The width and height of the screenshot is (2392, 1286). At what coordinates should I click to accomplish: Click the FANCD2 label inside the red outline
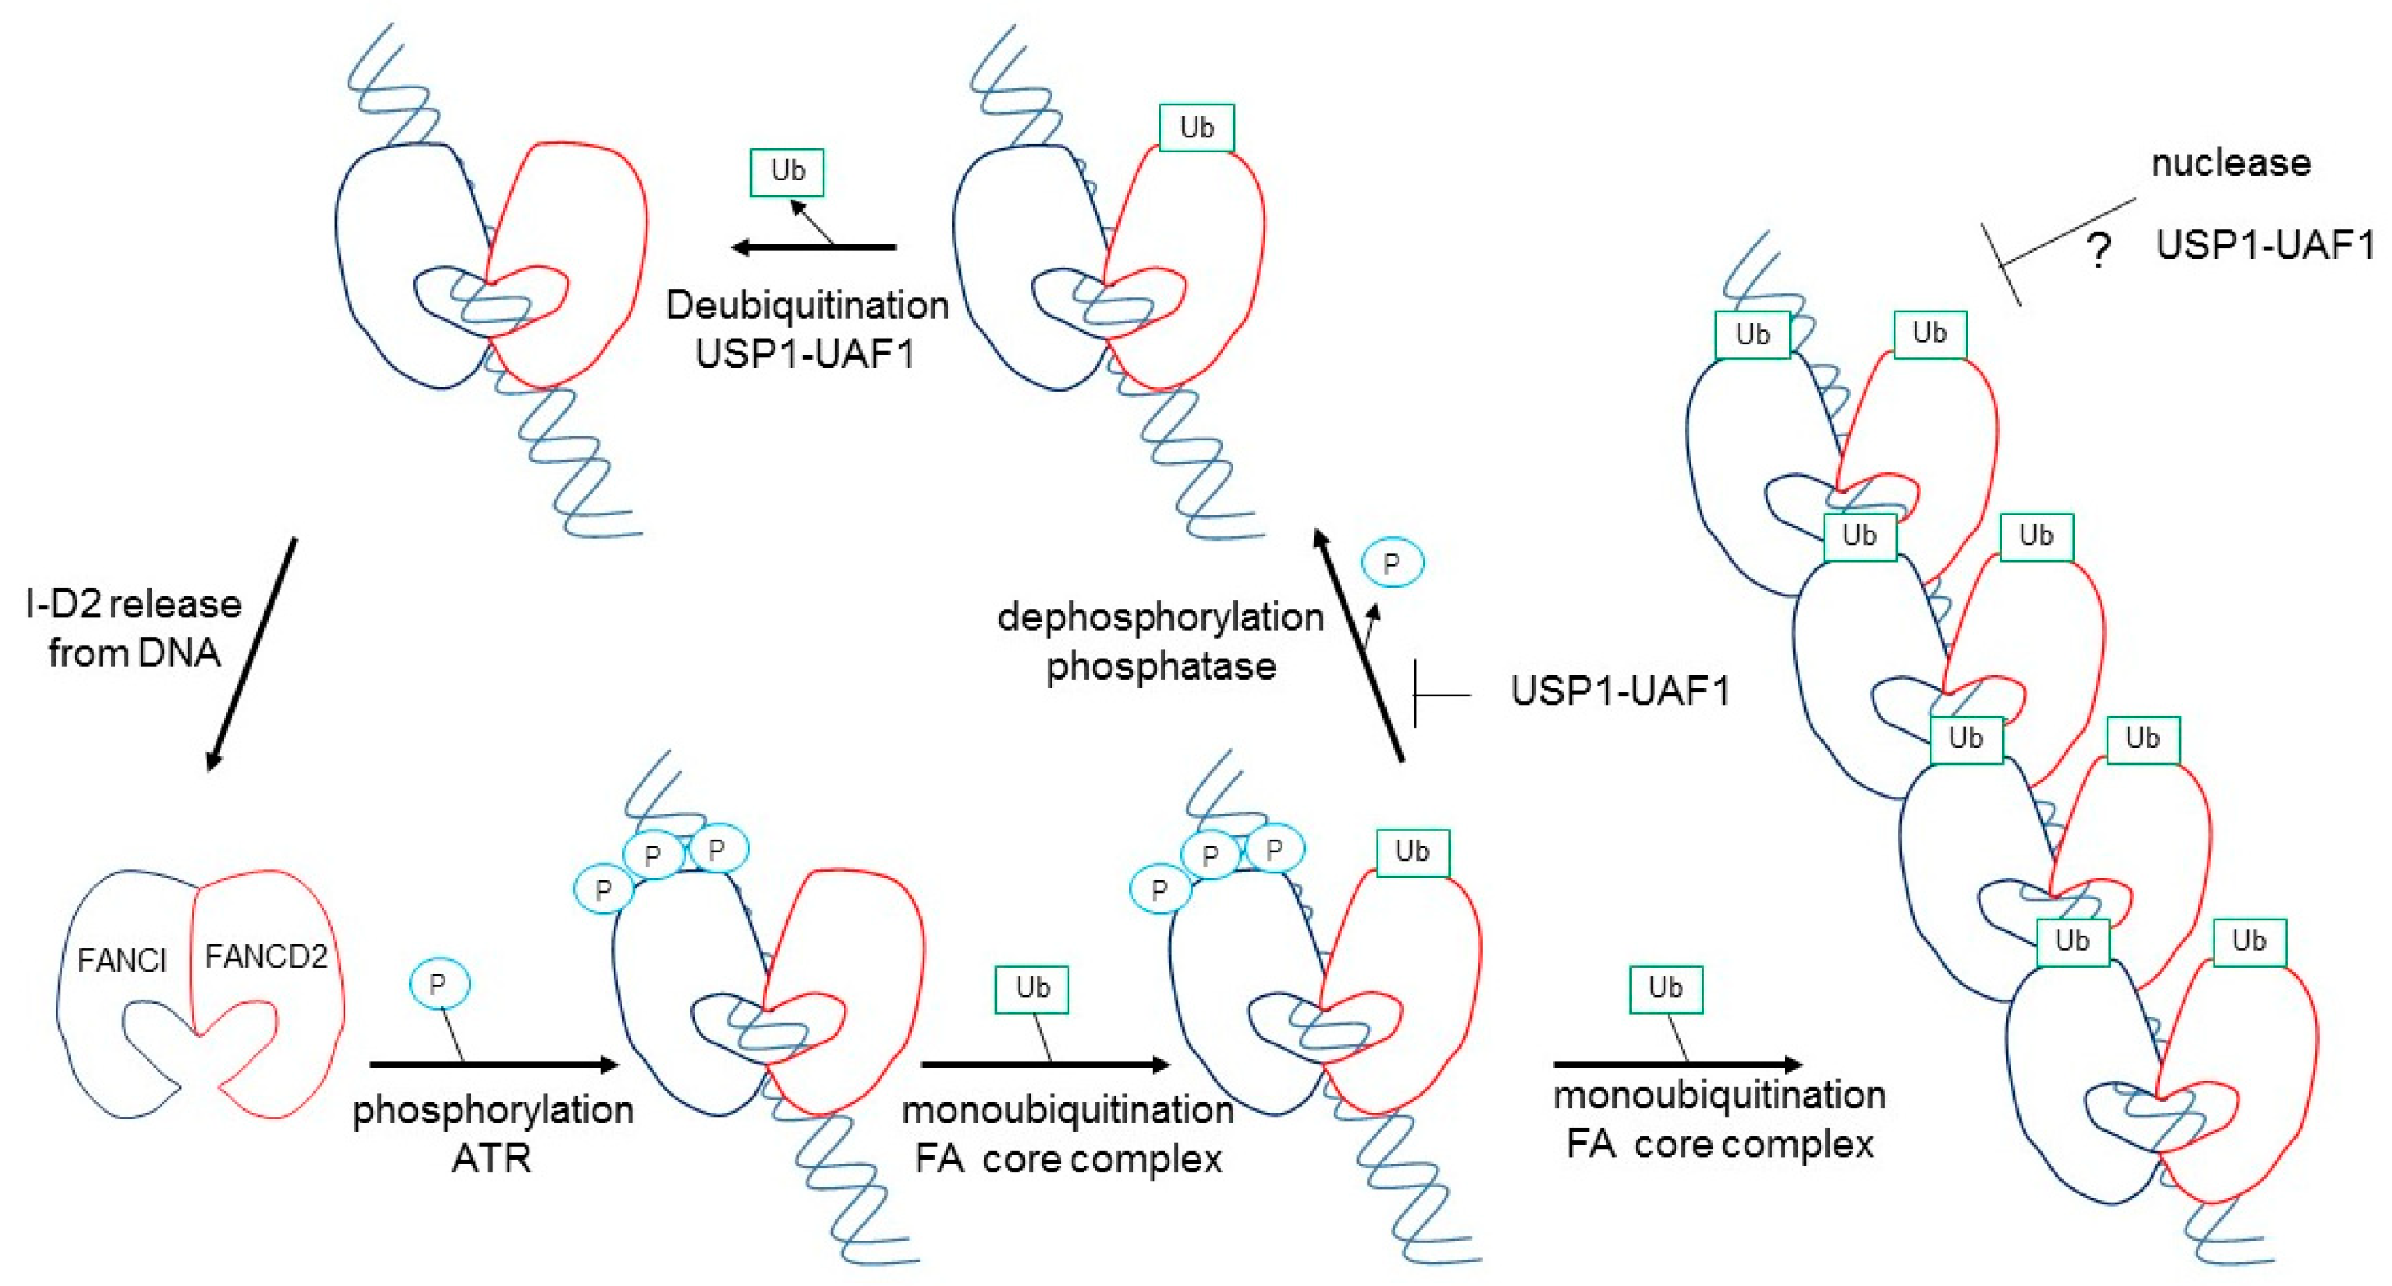[x=265, y=957]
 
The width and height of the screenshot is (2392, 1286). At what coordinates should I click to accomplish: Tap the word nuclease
[x=2230, y=163]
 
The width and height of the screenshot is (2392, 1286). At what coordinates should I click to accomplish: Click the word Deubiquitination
[x=807, y=306]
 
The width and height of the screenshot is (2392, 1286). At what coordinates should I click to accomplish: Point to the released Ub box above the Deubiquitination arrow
[x=787, y=172]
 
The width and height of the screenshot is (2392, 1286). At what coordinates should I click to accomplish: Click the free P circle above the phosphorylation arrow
[x=440, y=984]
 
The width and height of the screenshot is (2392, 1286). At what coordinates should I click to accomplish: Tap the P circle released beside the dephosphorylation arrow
[x=1391, y=563]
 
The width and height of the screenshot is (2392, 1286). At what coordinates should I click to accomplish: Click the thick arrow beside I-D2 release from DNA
[x=251, y=654]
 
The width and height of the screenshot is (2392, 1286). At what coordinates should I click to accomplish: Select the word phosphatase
[x=1161, y=667]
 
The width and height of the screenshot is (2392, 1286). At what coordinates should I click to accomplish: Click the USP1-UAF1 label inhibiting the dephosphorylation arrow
[x=1621, y=691]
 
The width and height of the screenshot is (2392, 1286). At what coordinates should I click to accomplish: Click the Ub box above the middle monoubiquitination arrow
[x=1031, y=989]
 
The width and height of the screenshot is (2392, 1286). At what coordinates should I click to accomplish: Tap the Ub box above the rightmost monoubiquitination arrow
[x=1666, y=989]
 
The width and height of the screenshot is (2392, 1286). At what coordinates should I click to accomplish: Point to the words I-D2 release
[x=134, y=605]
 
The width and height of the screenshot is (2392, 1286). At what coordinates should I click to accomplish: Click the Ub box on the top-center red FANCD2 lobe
[x=1196, y=128]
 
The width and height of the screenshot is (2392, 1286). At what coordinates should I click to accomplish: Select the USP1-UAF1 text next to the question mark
[x=2264, y=245]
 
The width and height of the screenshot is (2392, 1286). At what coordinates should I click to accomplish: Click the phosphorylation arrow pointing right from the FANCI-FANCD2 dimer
[x=493, y=1064]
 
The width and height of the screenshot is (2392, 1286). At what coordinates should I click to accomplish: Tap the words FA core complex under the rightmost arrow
[x=1720, y=1144]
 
